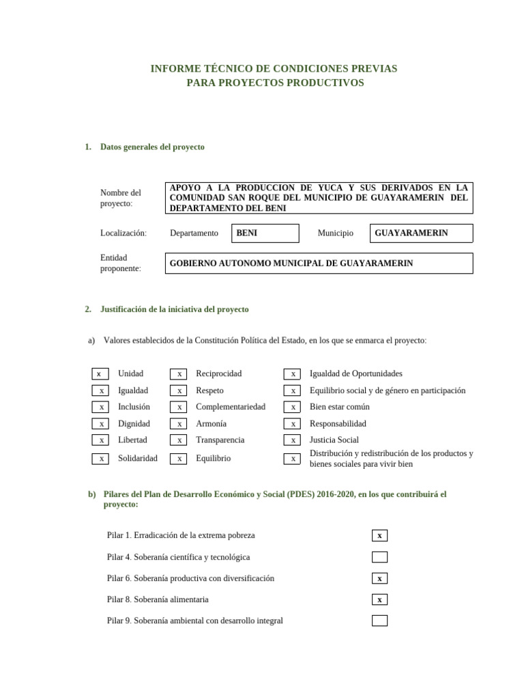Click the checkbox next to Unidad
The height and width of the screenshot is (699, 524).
point(100,374)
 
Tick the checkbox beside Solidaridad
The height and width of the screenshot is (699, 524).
point(100,459)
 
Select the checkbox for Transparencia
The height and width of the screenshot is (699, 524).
point(178,440)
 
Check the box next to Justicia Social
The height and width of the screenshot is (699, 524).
point(292,440)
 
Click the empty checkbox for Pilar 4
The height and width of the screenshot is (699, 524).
point(379,557)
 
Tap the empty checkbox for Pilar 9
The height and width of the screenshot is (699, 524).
point(379,620)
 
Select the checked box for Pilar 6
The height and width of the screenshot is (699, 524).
point(379,578)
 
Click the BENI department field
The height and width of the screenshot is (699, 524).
point(265,233)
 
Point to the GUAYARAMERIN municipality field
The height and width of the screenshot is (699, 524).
point(421,233)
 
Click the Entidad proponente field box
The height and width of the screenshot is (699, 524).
point(319,263)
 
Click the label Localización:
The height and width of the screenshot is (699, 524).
point(123,233)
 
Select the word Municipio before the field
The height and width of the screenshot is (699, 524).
point(336,233)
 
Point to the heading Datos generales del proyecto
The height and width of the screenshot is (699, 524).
point(152,147)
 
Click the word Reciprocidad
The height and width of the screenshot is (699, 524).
point(219,374)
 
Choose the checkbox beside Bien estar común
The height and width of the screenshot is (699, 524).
point(292,407)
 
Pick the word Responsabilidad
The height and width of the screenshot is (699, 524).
point(338,424)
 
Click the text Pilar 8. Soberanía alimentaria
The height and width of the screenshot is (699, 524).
point(158,599)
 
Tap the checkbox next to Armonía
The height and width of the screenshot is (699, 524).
point(178,424)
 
